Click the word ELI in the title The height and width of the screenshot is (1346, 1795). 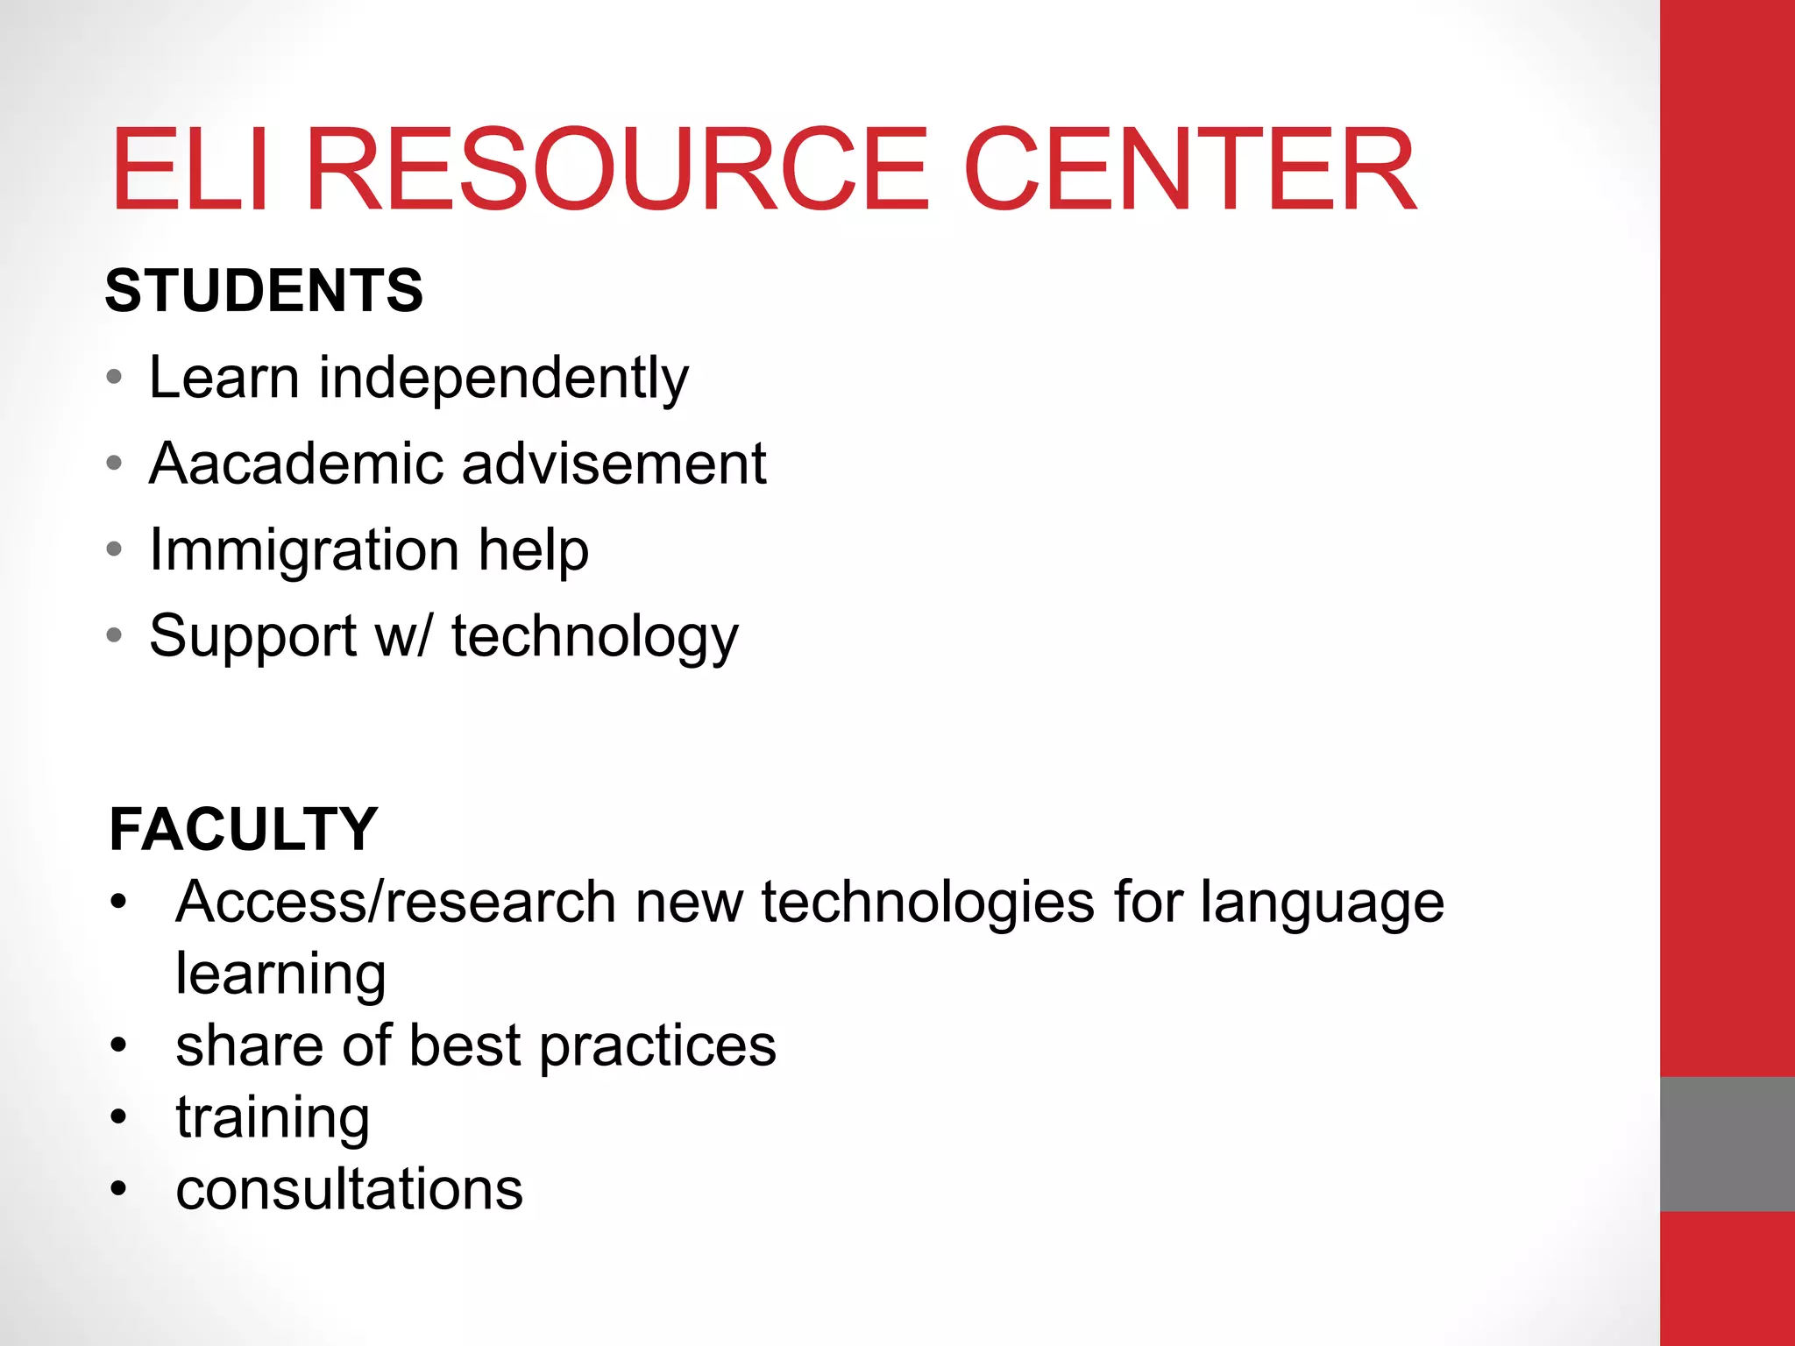pyautogui.click(x=189, y=169)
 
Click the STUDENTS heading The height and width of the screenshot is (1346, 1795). pyautogui.click(x=264, y=291)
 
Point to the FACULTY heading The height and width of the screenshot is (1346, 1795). pyautogui.click(x=243, y=829)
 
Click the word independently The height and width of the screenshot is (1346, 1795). pyautogui.click(x=503, y=379)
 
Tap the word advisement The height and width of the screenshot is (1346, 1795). pyautogui.click(x=614, y=463)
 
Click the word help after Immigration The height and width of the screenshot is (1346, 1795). pyautogui.click(x=533, y=549)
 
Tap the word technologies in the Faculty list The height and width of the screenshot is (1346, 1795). pyautogui.click(x=927, y=903)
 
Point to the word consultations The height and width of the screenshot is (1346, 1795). pyautogui.click(x=349, y=1189)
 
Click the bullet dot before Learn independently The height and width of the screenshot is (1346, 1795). pyautogui.click(x=114, y=379)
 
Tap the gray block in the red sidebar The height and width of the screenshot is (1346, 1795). pyautogui.click(x=1727, y=1144)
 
